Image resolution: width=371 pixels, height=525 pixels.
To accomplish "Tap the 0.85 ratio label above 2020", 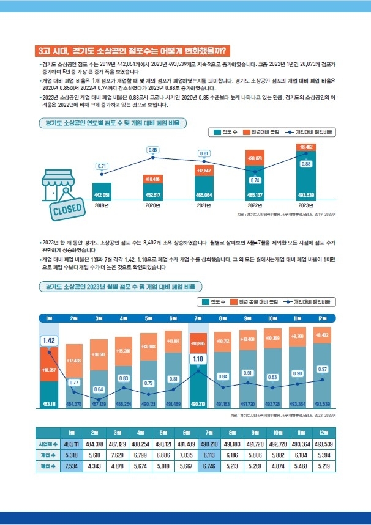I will (x=153, y=150).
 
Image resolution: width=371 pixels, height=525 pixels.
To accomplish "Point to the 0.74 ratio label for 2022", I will (x=255, y=180).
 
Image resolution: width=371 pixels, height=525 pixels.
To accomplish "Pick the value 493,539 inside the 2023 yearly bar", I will (x=306, y=194).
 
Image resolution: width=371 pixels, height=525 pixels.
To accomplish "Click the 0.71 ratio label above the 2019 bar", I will (x=102, y=166).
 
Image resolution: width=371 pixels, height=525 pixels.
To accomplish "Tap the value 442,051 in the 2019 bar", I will (x=102, y=194).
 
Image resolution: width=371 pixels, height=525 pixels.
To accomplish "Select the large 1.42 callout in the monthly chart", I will (x=49, y=340).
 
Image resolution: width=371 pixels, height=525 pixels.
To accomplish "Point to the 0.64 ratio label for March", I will (x=99, y=389).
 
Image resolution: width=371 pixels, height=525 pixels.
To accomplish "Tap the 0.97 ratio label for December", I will (x=323, y=369).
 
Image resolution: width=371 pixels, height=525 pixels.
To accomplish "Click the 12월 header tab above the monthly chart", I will (x=323, y=318).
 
